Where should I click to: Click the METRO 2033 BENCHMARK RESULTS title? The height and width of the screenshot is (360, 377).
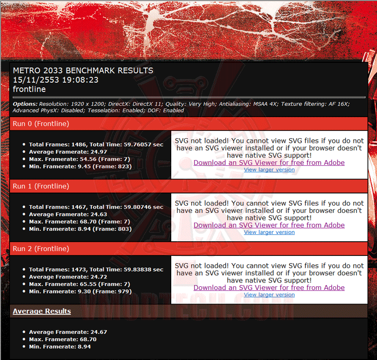pyautogui.click(x=83, y=71)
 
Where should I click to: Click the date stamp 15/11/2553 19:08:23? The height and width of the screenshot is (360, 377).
pyautogui.click(x=55, y=80)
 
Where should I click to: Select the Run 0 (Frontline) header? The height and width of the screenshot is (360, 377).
pyautogui.click(x=41, y=123)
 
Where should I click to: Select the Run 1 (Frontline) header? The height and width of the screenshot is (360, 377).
pyautogui.click(x=41, y=186)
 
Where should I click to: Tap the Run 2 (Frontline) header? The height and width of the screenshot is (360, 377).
pyautogui.click(x=41, y=249)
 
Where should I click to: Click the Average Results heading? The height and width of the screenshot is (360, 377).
pyautogui.click(x=42, y=311)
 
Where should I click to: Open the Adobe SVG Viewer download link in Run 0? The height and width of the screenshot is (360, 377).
pyautogui.click(x=269, y=163)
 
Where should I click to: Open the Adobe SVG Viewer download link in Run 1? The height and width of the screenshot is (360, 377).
pyautogui.click(x=269, y=225)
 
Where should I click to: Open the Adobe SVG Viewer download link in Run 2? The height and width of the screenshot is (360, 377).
pyautogui.click(x=269, y=288)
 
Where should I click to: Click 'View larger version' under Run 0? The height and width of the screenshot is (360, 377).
pyautogui.click(x=269, y=170)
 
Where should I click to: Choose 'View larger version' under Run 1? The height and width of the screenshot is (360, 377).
pyautogui.click(x=269, y=232)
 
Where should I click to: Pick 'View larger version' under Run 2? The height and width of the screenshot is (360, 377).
pyautogui.click(x=269, y=295)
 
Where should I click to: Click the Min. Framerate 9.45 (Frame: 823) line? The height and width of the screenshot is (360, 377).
pyautogui.click(x=80, y=166)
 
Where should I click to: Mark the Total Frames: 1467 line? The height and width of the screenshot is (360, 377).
pyautogui.click(x=96, y=207)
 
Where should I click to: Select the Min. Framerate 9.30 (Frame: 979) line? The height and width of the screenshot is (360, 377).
pyautogui.click(x=80, y=291)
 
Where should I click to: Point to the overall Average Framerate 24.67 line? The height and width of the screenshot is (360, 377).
pyautogui.click(x=68, y=332)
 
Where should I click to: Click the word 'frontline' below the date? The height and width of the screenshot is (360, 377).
pyautogui.click(x=30, y=89)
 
